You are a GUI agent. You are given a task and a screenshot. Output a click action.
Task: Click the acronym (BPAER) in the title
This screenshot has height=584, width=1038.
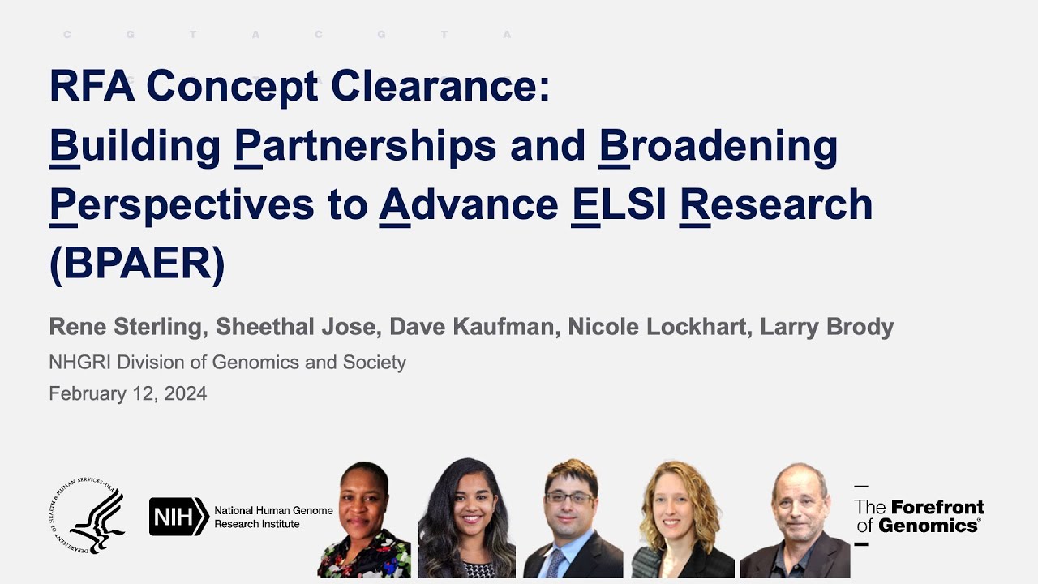coord(137,263)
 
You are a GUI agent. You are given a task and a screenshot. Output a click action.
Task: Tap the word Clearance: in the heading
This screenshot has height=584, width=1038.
coord(440,86)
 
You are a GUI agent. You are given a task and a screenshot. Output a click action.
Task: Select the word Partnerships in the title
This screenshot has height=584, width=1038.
coord(365,147)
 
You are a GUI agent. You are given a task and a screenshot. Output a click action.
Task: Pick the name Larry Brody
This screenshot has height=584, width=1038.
coord(826,327)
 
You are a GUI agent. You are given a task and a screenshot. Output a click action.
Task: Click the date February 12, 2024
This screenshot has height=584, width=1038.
coord(128,393)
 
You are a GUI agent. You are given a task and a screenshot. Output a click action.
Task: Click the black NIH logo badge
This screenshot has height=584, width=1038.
coord(179,517)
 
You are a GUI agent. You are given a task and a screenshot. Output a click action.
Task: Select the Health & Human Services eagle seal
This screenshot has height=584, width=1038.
coord(87,515)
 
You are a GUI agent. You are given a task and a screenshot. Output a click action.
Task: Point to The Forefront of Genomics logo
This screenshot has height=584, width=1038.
coord(920,516)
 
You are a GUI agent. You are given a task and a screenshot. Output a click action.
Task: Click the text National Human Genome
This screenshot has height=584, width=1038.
coord(273,510)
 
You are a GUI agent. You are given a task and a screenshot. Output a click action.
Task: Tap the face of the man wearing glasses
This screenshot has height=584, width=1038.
coord(569,502)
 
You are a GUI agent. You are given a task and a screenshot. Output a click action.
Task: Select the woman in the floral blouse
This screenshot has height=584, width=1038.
coord(364,520)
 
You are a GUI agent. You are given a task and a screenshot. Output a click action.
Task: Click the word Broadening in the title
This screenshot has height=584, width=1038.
coord(718,147)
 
